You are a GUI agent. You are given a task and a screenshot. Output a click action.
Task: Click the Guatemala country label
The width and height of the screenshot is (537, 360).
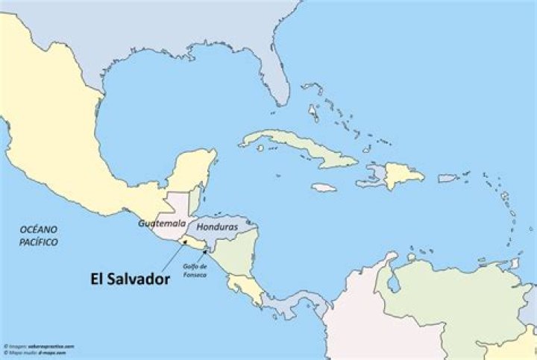pyautogui.click(x=162, y=222)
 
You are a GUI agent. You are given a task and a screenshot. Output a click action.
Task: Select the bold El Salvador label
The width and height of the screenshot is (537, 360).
pyautogui.click(x=129, y=279)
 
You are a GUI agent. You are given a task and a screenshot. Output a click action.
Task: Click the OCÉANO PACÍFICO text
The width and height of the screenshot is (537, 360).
pyautogui.click(x=40, y=236)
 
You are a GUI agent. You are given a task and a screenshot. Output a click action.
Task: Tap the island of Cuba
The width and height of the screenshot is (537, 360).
pyautogui.click(x=298, y=146)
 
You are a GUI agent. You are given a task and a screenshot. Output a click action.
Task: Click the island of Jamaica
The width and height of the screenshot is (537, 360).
pyautogui.click(x=324, y=188)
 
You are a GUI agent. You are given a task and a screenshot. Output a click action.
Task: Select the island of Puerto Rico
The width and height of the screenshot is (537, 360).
pyautogui.click(x=447, y=178)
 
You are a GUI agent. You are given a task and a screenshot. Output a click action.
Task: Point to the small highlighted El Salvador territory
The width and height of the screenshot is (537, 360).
pyautogui.click(x=195, y=244)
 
